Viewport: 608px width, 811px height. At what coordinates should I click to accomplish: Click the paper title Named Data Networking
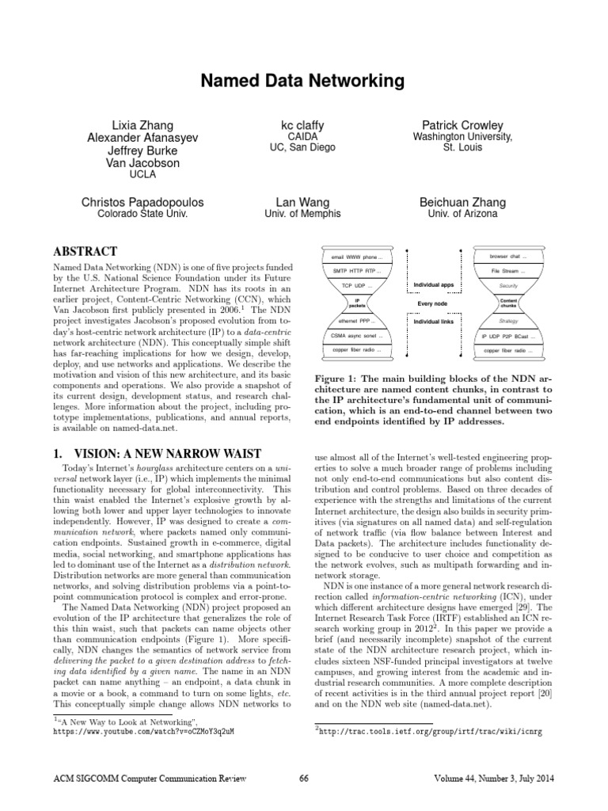pyautogui.click(x=304, y=81)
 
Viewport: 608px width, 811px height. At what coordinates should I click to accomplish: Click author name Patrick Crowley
pyautogui.click(x=462, y=125)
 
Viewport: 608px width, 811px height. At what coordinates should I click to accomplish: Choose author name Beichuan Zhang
pyautogui.click(x=463, y=202)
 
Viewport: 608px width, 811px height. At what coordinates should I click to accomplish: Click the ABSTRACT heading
pyautogui.click(x=85, y=250)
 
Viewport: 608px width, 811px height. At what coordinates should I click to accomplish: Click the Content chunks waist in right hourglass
pyautogui.click(x=509, y=303)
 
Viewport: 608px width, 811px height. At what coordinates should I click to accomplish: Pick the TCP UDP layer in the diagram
pyautogui.click(x=357, y=284)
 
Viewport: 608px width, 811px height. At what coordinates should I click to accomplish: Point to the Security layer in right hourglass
pyautogui.click(x=509, y=284)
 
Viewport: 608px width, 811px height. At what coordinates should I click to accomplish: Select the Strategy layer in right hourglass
pyautogui.click(x=509, y=322)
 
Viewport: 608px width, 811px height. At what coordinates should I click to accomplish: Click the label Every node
pyautogui.click(x=433, y=303)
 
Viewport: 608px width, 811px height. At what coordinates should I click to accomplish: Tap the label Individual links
pyautogui.click(x=433, y=322)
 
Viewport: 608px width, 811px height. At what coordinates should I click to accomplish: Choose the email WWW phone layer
pyautogui.click(x=357, y=257)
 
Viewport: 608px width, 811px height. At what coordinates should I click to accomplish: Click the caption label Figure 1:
pyautogui.click(x=340, y=379)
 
